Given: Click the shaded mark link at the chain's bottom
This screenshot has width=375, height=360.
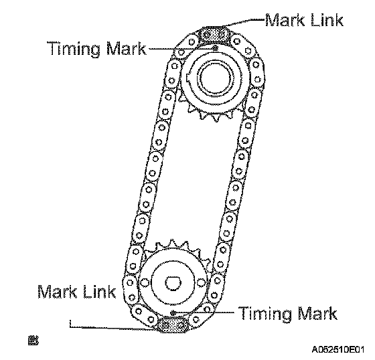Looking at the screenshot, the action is (x=173, y=325).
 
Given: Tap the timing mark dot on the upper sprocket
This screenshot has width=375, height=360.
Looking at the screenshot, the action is (x=216, y=48).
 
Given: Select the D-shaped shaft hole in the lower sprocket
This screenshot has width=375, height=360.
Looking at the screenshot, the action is (x=173, y=283).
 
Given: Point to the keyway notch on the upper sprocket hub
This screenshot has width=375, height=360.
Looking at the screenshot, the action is (x=188, y=77).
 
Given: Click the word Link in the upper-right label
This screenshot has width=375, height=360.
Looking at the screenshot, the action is (x=327, y=20).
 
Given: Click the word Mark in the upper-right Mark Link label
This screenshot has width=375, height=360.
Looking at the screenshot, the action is (x=285, y=20).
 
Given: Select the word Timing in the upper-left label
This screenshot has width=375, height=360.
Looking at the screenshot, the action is (x=74, y=50).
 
